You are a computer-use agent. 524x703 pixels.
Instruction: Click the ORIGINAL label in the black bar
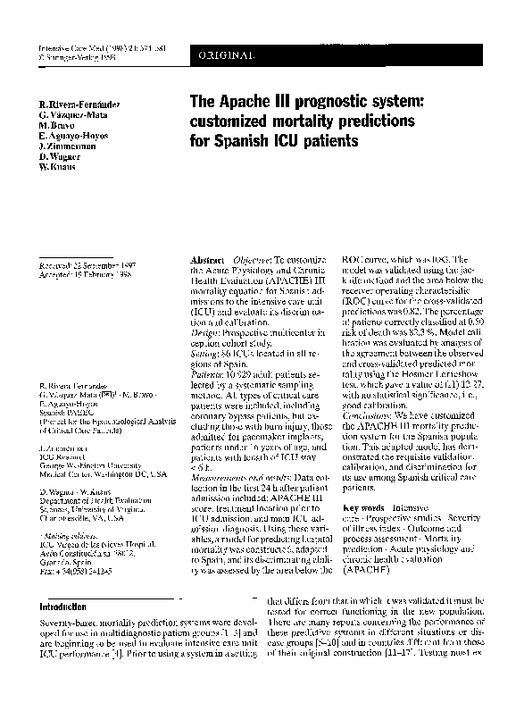(224, 56)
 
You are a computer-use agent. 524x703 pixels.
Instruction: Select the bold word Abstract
(208, 256)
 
